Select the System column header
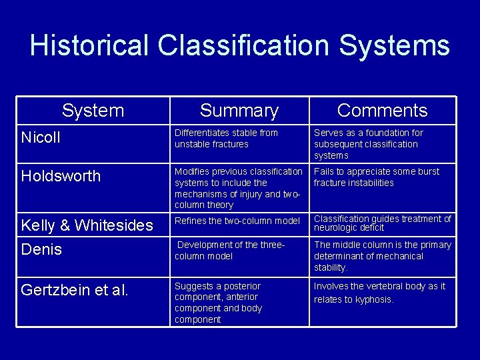pyautogui.click(x=93, y=110)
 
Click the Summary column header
pyautogui.click(x=239, y=111)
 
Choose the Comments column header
pyautogui.click(x=382, y=110)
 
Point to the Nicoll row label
pyautogui.click(x=41, y=137)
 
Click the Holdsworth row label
pyautogui.click(x=61, y=176)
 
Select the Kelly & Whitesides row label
pyautogui.click(x=87, y=225)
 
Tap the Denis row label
pyautogui.click(x=41, y=249)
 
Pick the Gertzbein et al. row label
pyautogui.click(x=75, y=290)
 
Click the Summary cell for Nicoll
pyautogui.click(x=226, y=138)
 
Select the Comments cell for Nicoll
pyautogui.click(x=368, y=144)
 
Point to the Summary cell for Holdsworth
pyautogui.click(x=238, y=188)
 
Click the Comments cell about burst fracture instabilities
pyautogui.click(x=377, y=177)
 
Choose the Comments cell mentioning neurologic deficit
pyautogui.click(x=382, y=223)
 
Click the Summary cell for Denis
pyautogui.click(x=230, y=250)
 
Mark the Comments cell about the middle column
pyautogui.click(x=382, y=256)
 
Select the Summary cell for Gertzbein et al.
pyautogui.click(x=219, y=303)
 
